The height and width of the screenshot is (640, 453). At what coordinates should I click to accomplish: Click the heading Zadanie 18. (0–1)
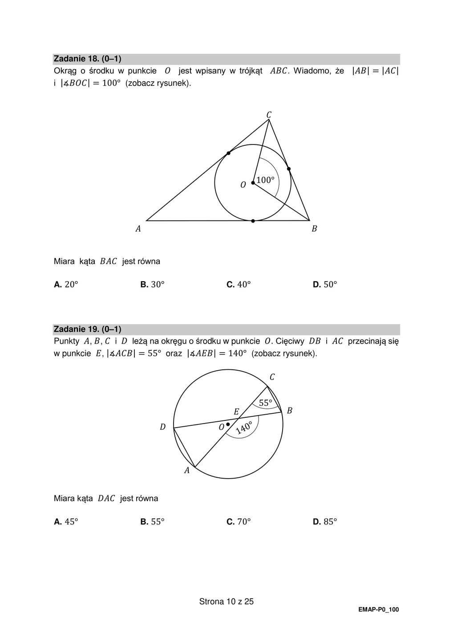pyautogui.click(x=88, y=59)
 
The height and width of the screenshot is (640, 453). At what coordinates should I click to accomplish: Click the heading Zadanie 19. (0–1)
pyautogui.click(x=88, y=329)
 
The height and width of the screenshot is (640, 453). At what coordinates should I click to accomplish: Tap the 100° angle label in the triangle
pyautogui.click(x=265, y=180)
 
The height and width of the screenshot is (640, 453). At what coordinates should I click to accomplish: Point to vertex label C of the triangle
pyautogui.click(x=269, y=115)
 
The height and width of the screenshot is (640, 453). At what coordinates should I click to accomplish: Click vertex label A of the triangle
pyautogui.click(x=138, y=229)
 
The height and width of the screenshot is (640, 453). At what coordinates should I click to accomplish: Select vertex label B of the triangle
pyautogui.click(x=314, y=229)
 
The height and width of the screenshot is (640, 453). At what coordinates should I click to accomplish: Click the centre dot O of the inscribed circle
pyautogui.click(x=253, y=183)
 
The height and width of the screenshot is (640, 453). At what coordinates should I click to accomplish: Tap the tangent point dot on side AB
pyautogui.click(x=253, y=221)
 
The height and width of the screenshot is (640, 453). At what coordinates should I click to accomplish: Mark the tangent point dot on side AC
pyautogui.click(x=228, y=153)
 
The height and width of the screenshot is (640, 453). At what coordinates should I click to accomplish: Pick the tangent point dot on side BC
pyautogui.click(x=289, y=169)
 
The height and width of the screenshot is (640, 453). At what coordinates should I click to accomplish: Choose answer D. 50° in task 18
pyautogui.click(x=325, y=284)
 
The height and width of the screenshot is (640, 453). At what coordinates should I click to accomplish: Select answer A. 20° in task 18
pyautogui.click(x=66, y=284)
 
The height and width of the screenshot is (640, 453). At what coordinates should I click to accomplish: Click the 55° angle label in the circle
pyautogui.click(x=265, y=403)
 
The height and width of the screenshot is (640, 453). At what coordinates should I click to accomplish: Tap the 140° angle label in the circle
pyautogui.click(x=244, y=428)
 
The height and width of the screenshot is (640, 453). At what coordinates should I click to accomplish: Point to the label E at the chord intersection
pyautogui.click(x=236, y=412)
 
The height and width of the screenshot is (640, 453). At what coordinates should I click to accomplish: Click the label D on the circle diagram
pyautogui.click(x=162, y=427)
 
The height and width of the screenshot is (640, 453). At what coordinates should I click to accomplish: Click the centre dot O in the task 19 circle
pyautogui.click(x=228, y=424)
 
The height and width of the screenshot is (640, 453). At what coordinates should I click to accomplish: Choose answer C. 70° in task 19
pyautogui.click(x=239, y=522)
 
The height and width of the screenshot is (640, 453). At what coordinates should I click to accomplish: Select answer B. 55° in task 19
pyautogui.click(x=152, y=522)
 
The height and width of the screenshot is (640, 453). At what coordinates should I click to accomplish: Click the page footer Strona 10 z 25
pyautogui.click(x=226, y=602)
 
